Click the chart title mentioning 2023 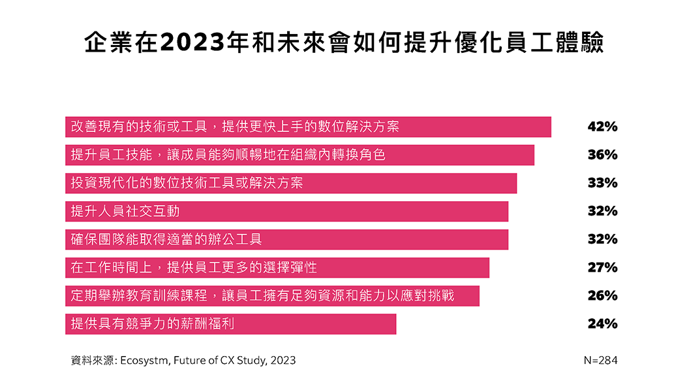(344, 43)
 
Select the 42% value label (602, 127)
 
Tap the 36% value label (602, 155)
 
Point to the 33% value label (602, 183)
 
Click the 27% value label (602, 267)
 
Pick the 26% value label (602, 295)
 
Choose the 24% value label (602, 323)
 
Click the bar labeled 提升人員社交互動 (286, 211)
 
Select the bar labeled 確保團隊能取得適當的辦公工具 (286, 239)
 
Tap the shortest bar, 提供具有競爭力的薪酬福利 (230, 323)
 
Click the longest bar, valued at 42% (308, 127)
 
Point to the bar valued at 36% (299, 155)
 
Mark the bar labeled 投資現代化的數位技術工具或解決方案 (291, 183)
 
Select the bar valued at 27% (277, 267)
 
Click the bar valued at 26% (272, 295)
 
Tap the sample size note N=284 (600, 360)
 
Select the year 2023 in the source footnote (283, 360)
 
